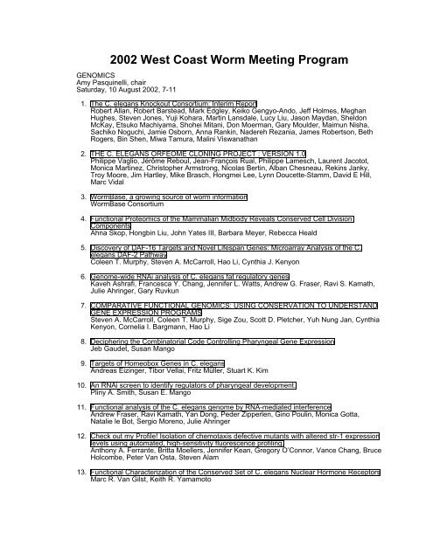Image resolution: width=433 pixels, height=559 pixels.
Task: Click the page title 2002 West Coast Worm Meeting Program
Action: tap(216, 45)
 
